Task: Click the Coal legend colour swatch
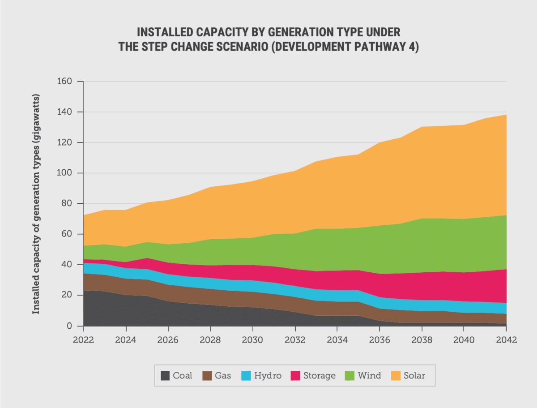166,375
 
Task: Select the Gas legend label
222,375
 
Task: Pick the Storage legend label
319,375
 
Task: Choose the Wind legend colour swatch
349,375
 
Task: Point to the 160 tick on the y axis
65,82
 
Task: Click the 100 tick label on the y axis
65,173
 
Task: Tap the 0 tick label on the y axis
69,326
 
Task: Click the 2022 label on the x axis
83,339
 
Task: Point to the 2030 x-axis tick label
252,339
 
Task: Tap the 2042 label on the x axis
506,339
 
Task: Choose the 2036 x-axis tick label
379,339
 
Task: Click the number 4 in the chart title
414,47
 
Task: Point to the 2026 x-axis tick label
168,339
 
